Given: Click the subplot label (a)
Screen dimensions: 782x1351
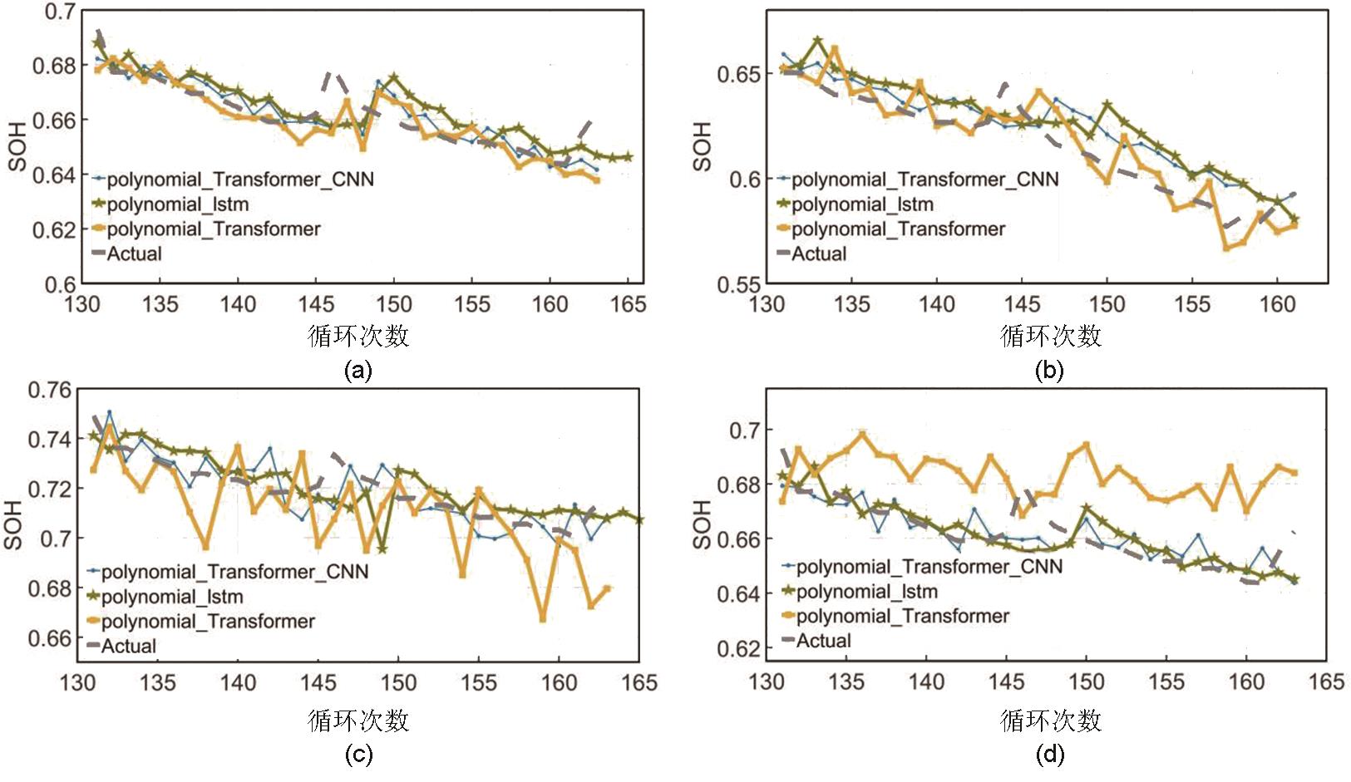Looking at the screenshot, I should [x=357, y=370].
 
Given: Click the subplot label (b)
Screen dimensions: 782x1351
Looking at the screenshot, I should [x=1048, y=370].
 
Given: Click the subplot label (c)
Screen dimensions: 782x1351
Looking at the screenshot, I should [x=357, y=755].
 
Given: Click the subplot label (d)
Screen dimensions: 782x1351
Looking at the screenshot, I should [x=1048, y=755].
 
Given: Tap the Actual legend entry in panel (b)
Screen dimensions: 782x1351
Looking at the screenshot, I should [x=818, y=254].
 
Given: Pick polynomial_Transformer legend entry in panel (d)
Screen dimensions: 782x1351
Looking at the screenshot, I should [x=902, y=617].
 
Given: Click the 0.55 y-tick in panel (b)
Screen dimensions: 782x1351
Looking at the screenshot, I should [x=739, y=285].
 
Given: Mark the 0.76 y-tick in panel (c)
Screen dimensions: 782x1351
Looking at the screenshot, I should [x=50, y=390].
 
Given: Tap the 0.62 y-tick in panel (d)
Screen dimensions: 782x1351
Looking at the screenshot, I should [x=739, y=648].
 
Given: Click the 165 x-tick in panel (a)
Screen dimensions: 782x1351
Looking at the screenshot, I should [x=628, y=304].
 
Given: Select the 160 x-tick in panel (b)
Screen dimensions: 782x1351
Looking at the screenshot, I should [x=1277, y=304].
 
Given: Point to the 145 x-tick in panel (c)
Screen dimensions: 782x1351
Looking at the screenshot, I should [x=318, y=683].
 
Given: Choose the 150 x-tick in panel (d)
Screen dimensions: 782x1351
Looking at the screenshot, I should [x=1086, y=682].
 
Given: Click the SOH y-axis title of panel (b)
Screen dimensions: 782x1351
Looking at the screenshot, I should [x=703, y=147].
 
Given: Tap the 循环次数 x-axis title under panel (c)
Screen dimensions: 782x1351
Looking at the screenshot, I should [x=358, y=720].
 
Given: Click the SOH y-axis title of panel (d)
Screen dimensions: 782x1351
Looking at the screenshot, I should [x=703, y=525].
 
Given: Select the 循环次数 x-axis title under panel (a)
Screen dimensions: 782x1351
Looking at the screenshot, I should [x=358, y=336].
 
